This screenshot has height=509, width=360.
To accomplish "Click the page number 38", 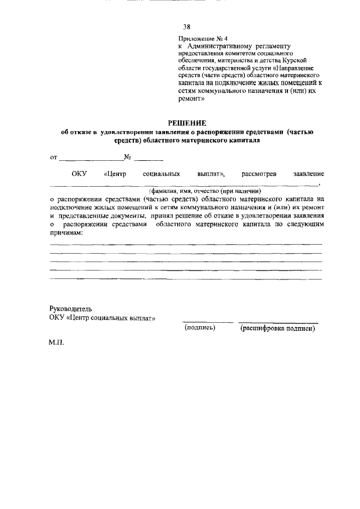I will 187,26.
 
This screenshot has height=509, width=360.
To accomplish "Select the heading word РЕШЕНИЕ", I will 188,123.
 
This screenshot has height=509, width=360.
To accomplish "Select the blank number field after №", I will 148,159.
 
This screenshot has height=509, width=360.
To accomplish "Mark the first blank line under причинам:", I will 186,244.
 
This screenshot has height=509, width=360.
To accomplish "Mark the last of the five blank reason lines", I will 186,279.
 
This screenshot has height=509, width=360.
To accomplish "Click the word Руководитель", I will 71,309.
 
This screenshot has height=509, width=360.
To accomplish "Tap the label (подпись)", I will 200,328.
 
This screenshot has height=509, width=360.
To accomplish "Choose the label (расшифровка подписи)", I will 277,328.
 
